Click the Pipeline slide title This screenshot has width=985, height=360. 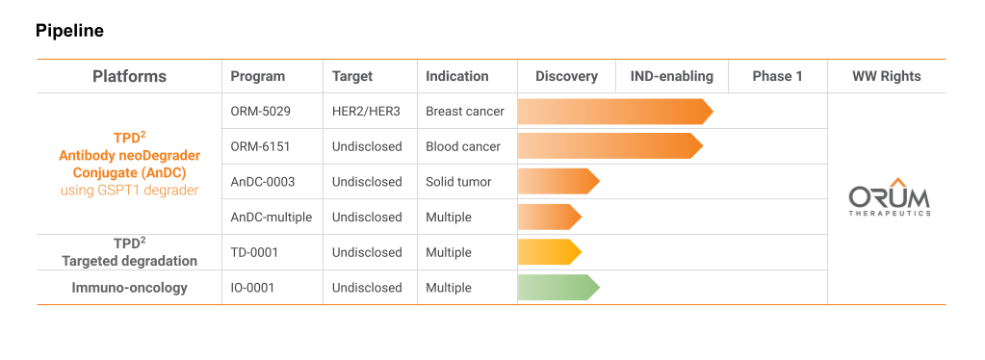point(69,31)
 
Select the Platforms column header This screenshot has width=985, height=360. point(129,77)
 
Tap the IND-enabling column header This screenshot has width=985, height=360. point(672,77)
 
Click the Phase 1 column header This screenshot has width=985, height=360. point(778,77)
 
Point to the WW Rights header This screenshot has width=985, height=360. point(887,77)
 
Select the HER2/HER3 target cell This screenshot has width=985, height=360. point(366,112)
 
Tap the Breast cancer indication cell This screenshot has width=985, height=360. point(465,112)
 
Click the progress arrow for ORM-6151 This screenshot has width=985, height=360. point(610,145)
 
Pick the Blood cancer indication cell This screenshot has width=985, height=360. point(463,146)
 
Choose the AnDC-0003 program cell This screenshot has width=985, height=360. point(263,182)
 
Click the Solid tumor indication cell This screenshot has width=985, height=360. point(458,182)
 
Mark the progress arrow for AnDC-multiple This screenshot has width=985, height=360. point(550,217)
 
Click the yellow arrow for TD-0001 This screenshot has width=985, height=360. point(550,252)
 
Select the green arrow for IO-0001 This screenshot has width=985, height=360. point(558,287)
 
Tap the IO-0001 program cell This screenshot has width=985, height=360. point(252,288)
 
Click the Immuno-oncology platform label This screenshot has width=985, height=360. point(129,288)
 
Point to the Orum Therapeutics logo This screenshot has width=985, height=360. point(889,196)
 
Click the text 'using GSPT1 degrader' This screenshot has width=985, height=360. point(129,190)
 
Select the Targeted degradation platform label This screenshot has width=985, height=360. point(129,261)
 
